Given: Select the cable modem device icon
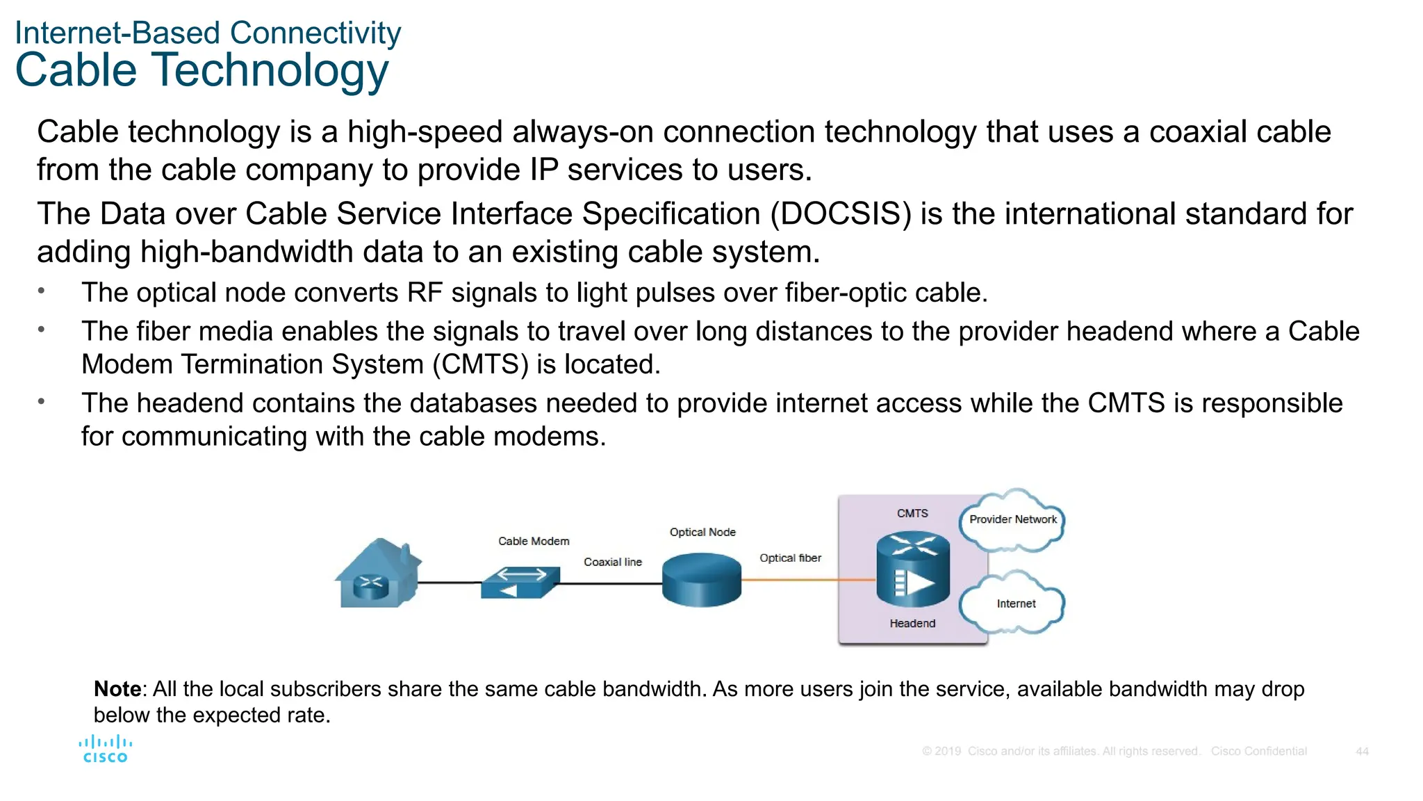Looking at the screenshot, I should click(x=520, y=583).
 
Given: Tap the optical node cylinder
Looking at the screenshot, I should click(x=702, y=580).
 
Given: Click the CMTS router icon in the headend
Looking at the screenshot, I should click(x=912, y=569).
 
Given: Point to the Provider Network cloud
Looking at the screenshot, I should click(x=1012, y=520).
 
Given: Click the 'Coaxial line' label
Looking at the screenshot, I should click(x=612, y=562).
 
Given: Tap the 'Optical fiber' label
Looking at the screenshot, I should click(x=790, y=558).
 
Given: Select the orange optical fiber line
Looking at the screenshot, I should click(x=806, y=579).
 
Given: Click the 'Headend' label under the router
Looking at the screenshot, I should click(x=912, y=624).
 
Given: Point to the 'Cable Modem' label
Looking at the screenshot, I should click(x=534, y=541).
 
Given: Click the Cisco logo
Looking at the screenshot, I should click(x=105, y=750).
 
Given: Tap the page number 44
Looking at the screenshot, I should click(x=1362, y=752).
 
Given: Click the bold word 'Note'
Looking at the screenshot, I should click(x=117, y=689).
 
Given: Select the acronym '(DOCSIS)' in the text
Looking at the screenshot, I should click(x=841, y=214).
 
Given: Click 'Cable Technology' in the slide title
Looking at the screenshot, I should click(x=201, y=70).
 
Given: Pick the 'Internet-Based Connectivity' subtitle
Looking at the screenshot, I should click(x=208, y=33).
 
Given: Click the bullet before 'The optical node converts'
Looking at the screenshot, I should click(x=42, y=291).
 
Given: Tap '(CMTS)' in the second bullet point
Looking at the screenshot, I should click(x=480, y=364).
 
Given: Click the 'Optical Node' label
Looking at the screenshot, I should click(x=702, y=532).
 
